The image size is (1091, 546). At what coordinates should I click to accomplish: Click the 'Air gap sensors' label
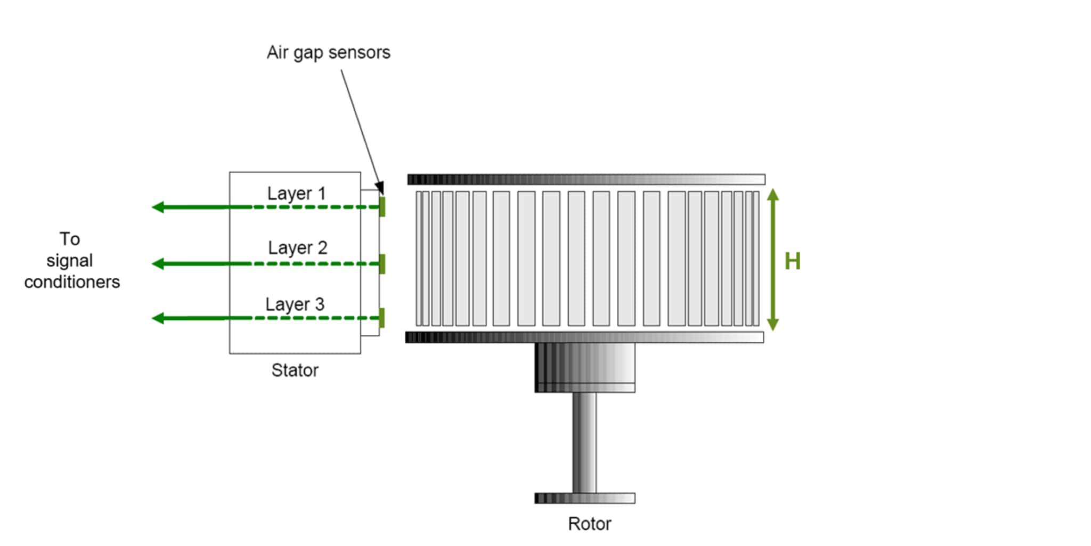pos(328,53)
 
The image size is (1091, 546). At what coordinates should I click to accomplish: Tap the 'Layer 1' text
pos(296,193)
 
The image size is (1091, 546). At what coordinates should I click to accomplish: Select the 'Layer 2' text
pos(297,247)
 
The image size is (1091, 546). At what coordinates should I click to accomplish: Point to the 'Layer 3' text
pos(295,304)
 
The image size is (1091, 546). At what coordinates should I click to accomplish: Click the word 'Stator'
pos(295,370)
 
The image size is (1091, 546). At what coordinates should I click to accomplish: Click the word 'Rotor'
pos(589,524)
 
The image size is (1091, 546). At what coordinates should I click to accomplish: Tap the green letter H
pos(792,261)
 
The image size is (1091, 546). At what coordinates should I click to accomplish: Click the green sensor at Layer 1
pos(382,206)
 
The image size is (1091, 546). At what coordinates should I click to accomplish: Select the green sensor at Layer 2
pos(382,264)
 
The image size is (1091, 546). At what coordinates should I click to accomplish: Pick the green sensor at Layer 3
pos(382,318)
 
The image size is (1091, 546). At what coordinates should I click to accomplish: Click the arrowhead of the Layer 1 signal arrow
pos(158,207)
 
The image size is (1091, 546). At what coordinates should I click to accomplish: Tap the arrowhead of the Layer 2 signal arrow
pos(158,263)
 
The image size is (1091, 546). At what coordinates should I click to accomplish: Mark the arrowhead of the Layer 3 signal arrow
pos(158,318)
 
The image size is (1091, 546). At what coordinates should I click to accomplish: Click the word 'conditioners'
pos(72,282)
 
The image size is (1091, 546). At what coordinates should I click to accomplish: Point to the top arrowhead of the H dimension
pos(773,194)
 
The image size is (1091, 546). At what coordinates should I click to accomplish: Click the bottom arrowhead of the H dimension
pos(773,324)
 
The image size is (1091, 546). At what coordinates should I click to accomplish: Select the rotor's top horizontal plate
pos(586,179)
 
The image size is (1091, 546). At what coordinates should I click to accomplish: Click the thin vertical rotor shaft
pos(584,443)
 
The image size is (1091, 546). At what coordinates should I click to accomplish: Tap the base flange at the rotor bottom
pos(584,498)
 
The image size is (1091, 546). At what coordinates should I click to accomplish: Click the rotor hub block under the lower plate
pos(584,367)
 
